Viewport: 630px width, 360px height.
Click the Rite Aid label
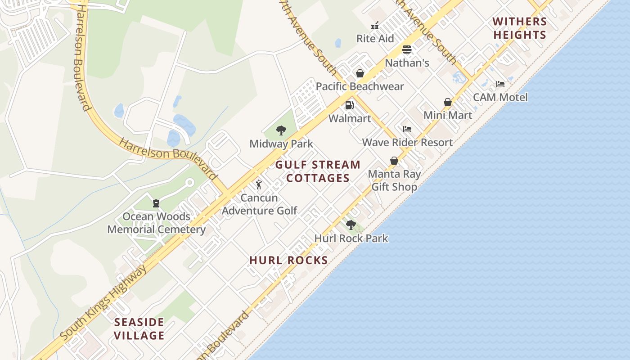click(x=375, y=39)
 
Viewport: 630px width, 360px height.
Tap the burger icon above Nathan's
click(x=407, y=49)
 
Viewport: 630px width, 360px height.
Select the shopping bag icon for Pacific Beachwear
click(x=360, y=73)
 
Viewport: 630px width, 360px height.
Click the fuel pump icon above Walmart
click(x=349, y=105)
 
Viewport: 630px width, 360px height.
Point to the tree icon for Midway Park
click(x=281, y=130)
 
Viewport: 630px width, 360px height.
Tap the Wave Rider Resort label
click(x=407, y=143)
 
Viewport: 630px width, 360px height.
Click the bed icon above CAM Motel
click(x=500, y=84)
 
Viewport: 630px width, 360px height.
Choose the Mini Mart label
click(x=448, y=115)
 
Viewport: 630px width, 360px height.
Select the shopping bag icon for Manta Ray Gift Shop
click(x=394, y=161)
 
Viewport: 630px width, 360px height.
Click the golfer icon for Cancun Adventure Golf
click(x=259, y=184)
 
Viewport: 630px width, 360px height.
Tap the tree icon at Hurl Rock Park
click(x=351, y=225)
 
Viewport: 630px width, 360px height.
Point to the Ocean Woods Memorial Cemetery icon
click(x=156, y=203)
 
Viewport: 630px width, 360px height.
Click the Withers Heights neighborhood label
click(x=520, y=28)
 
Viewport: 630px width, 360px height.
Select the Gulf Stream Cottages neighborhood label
click(x=318, y=171)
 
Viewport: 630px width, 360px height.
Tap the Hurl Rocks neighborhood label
click(x=288, y=260)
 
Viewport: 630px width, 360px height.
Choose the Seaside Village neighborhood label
click(x=139, y=329)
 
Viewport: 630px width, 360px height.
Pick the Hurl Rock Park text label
click(x=351, y=238)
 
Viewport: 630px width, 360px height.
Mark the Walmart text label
click(x=350, y=118)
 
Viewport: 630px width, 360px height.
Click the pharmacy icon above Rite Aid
click(x=375, y=26)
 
